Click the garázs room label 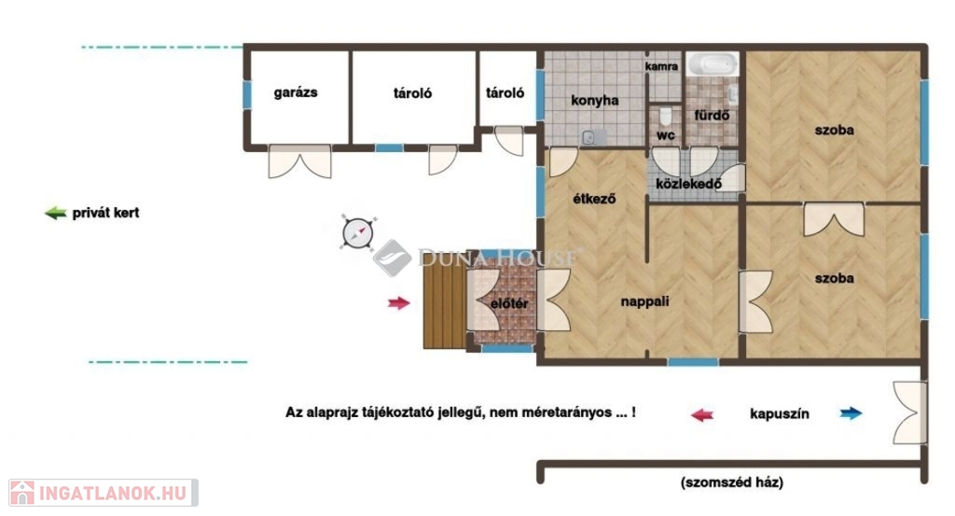296,92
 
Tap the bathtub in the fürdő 713,64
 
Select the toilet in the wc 665,116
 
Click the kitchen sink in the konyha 594,138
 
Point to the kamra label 661,66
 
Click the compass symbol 357,232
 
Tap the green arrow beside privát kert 55,213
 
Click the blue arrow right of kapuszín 851,413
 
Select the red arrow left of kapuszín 701,415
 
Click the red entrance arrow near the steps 399,302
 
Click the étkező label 594,199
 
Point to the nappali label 645,301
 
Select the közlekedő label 689,184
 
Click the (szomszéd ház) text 732,482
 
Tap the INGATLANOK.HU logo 104,493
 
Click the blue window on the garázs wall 246,95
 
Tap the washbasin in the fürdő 733,94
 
